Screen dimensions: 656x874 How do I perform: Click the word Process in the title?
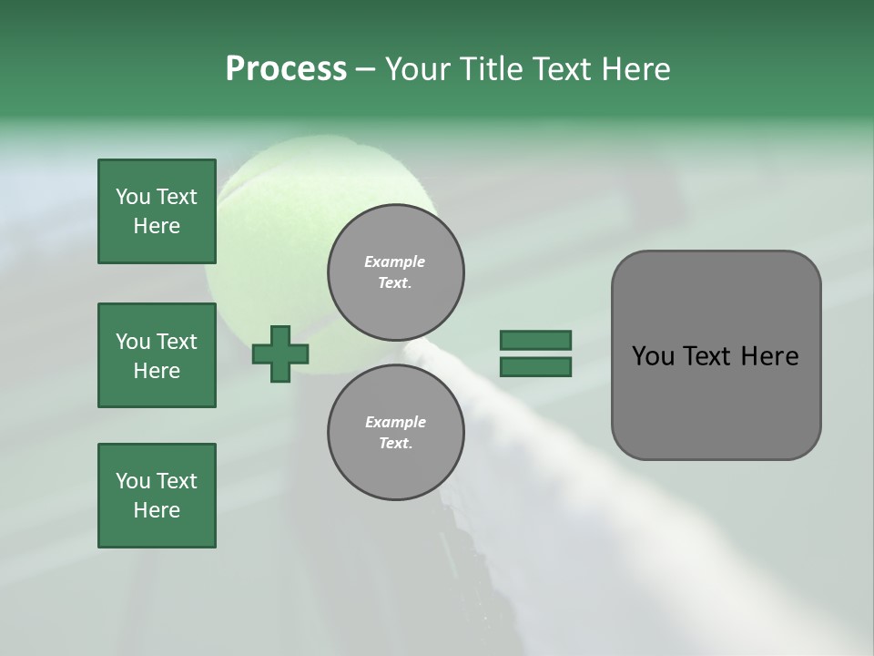(x=286, y=69)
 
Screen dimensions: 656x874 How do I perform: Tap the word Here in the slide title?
(x=636, y=69)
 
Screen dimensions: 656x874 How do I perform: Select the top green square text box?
(x=157, y=211)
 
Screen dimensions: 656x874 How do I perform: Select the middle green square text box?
(x=157, y=355)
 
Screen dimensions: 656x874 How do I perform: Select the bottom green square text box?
(x=157, y=496)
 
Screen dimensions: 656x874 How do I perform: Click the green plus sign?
(x=280, y=354)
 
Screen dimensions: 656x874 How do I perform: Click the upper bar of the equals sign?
(x=535, y=340)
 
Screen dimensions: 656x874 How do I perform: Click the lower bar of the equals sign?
(x=535, y=367)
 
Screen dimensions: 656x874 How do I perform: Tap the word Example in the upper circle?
(x=395, y=261)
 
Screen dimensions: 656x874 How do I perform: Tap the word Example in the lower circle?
(x=395, y=422)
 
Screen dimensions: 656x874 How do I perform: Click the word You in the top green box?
(x=132, y=197)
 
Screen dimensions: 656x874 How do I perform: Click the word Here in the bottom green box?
(x=157, y=510)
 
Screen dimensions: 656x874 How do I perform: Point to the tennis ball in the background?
(x=273, y=182)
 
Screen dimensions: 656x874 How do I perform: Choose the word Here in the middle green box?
(x=157, y=371)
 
